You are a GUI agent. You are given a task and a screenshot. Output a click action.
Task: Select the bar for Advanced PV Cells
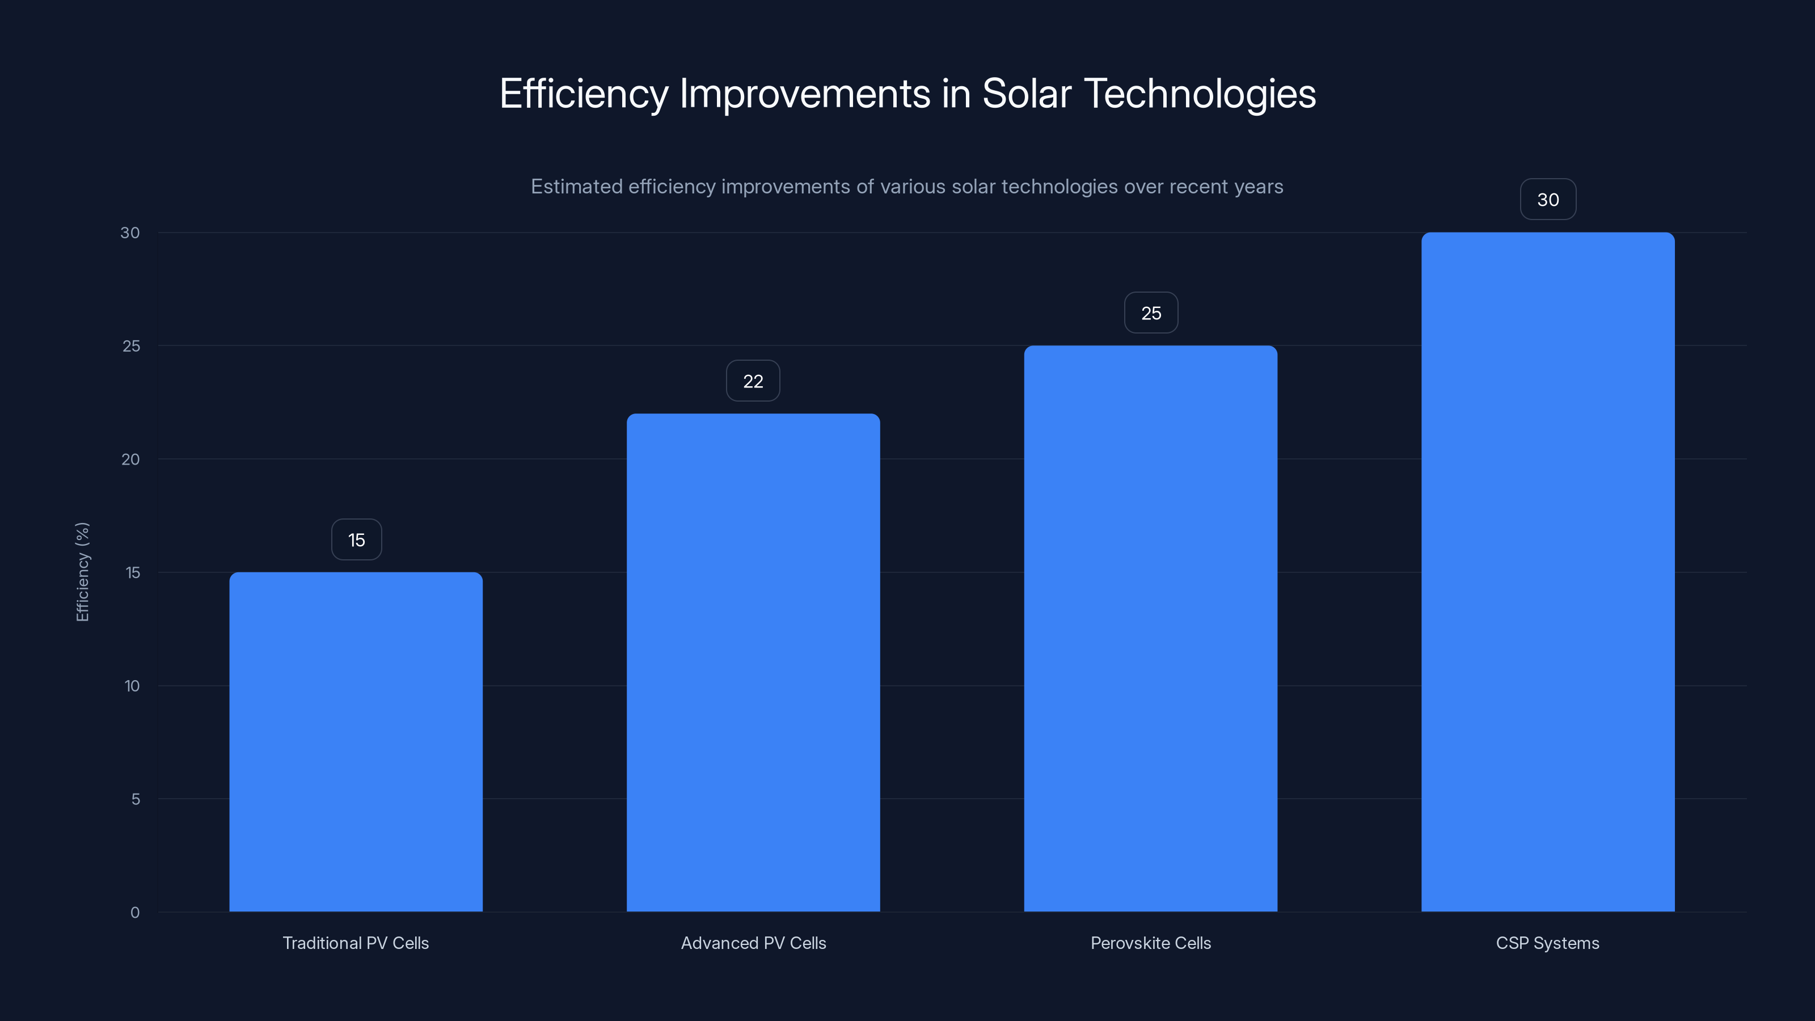pos(753,663)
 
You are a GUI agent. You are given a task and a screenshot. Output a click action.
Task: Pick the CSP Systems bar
pos(1548,571)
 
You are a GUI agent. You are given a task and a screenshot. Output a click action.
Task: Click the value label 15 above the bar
pos(357,540)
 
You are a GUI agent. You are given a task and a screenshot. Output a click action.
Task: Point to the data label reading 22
pos(753,381)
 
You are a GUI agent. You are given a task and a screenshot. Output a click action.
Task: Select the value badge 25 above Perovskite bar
pos(1151,313)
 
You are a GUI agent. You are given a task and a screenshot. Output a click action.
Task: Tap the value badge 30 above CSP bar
pos(1548,200)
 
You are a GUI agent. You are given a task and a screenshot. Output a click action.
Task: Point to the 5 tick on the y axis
pos(136,799)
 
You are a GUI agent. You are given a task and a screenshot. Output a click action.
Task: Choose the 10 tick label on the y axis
pos(132,686)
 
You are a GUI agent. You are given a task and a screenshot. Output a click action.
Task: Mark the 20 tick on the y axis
pos(130,459)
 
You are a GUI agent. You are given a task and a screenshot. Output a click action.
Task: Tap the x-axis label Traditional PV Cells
pos(356,943)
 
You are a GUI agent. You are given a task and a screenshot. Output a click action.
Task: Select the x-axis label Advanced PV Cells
pos(753,943)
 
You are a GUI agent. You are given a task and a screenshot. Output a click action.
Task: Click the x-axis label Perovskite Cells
pos(1151,943)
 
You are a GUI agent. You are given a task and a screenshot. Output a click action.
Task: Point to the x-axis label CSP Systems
pos(1548,943)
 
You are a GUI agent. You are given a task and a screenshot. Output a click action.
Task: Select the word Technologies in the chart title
pos(1200,94)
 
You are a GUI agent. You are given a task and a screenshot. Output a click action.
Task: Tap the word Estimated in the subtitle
pos(576,187)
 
